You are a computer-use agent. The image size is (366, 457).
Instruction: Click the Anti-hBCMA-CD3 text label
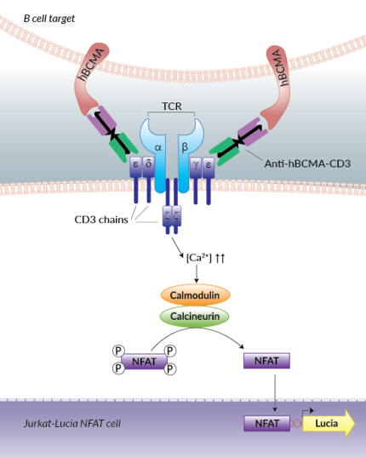coord(304,162)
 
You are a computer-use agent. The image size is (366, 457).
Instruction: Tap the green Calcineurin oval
coord(197,316)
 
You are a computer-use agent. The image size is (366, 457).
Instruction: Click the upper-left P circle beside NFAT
coord(118,351)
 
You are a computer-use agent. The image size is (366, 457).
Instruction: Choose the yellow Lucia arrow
coord(328,422)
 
